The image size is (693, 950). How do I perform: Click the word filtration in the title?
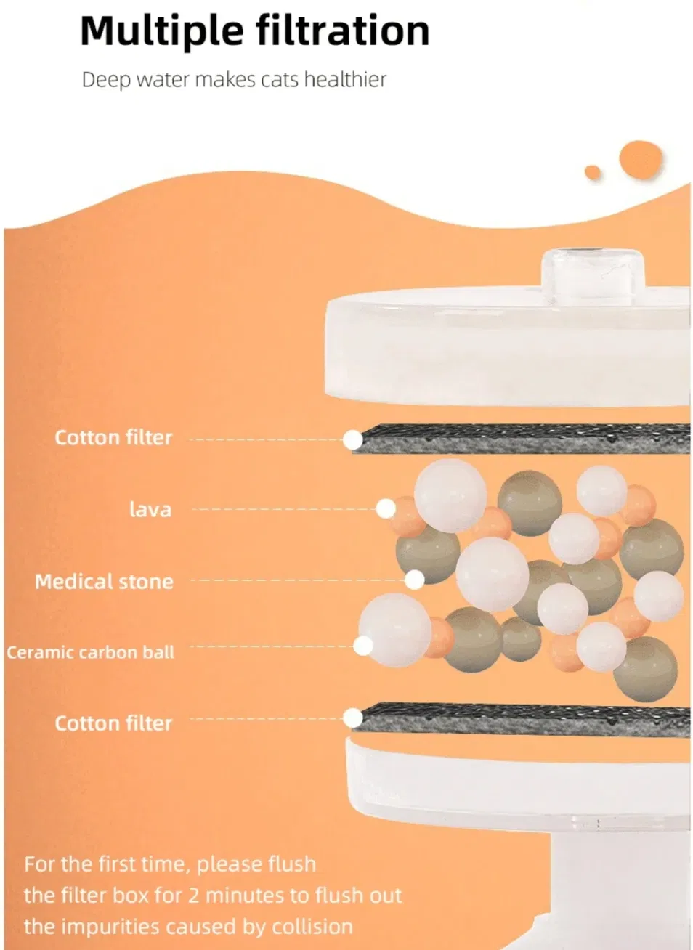click(x=343, y=30)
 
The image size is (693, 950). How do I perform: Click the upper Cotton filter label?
click(x=113, y=437)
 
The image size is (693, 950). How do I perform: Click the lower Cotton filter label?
click(x=113, y=723)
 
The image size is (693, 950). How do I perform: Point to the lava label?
click(x=150, y=508)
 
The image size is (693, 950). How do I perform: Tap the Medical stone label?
click(x=105, y=582)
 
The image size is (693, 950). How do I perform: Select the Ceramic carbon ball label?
click(x=90, y=652)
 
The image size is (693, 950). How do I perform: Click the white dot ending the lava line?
click(x=386, y=508)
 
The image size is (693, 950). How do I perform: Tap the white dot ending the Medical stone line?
click(x=414, y=580)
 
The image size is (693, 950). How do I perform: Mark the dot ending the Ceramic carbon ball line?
click(x=363, y=646)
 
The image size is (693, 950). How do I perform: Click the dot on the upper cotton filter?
click(x=352, y=440)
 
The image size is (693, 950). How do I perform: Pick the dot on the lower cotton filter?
click(x=352, y=718)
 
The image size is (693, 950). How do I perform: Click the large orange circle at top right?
click(x=641, y=160)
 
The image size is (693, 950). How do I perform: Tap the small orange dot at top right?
click(x=593, y=172)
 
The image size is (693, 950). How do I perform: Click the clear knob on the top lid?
click(x=592, y=276)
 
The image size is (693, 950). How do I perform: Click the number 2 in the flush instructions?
click(x=193, y=896)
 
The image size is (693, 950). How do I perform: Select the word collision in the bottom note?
click(x=312, y=927)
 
